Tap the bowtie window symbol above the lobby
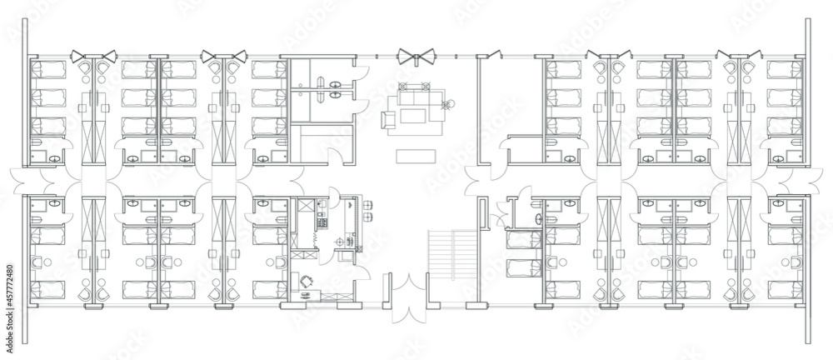tap(413, 57)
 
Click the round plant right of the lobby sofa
tap(446, 105)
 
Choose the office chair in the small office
tap(307, 282)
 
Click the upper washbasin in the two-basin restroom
tap(336, 84)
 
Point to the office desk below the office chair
tap(307, 296)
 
